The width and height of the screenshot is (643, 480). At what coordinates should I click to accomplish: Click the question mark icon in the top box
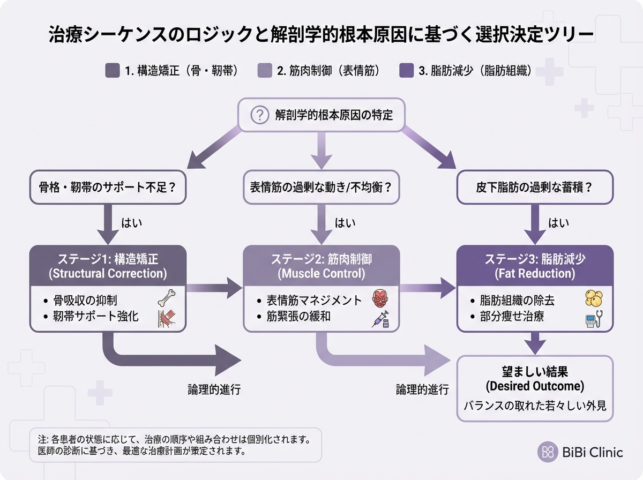point(259,115)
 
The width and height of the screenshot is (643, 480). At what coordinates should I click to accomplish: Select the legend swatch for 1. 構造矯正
point(113,71)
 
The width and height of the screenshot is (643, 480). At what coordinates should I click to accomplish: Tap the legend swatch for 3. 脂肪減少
point(407,71)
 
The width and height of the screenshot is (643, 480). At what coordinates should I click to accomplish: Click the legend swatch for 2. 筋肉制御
point(265,71)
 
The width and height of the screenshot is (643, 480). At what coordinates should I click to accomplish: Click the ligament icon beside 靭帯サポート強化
point(166,319)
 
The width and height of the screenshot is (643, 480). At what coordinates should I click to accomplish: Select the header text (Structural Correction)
point(108,274)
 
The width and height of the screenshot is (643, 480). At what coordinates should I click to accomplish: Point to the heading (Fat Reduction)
point(534,274)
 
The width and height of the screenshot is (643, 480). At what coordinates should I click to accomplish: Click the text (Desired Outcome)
point(534,386)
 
